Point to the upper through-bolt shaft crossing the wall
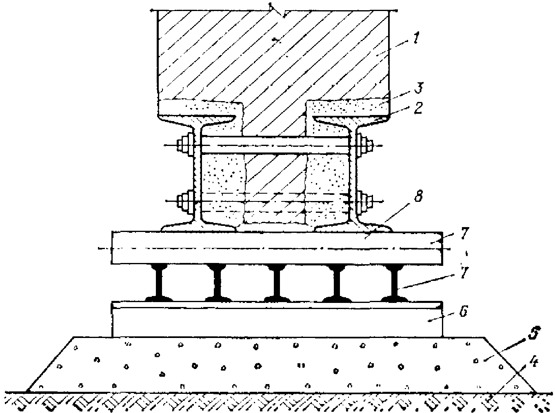click(x=276, y=146)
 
